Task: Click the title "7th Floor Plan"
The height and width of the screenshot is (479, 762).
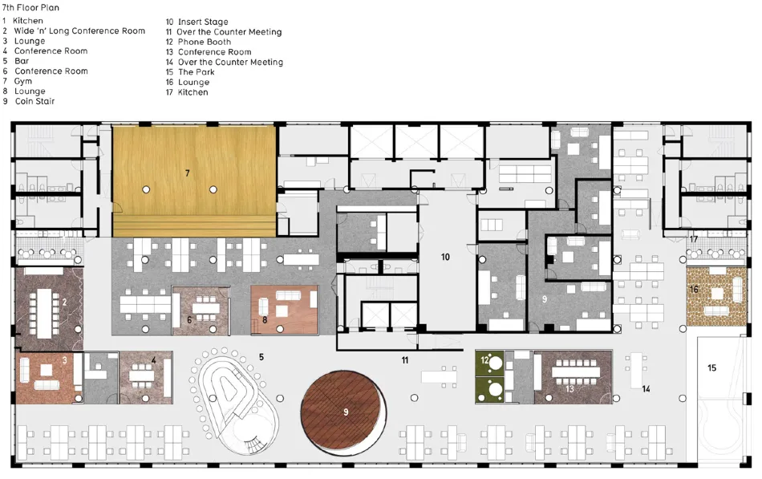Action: (x=30, y=8)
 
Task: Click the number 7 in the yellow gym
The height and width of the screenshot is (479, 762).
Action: (x=187, y=173)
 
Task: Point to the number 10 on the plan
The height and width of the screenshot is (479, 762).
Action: (x=445, y=257)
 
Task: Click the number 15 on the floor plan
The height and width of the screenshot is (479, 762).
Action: (x=711, y=367)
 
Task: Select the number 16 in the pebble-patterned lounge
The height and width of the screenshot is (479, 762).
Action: (x=694, y=290)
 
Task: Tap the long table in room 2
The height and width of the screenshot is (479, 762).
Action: (x=44, y=314)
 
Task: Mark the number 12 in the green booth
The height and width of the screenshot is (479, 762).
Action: (x=484, y=360)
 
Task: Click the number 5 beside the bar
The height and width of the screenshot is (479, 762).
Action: (x=261, y=357)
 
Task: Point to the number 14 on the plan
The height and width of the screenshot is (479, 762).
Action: (x=646, y=388)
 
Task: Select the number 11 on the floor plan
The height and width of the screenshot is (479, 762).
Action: (x=405, y=360)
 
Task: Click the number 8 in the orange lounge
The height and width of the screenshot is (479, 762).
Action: (x=265, y=320)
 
